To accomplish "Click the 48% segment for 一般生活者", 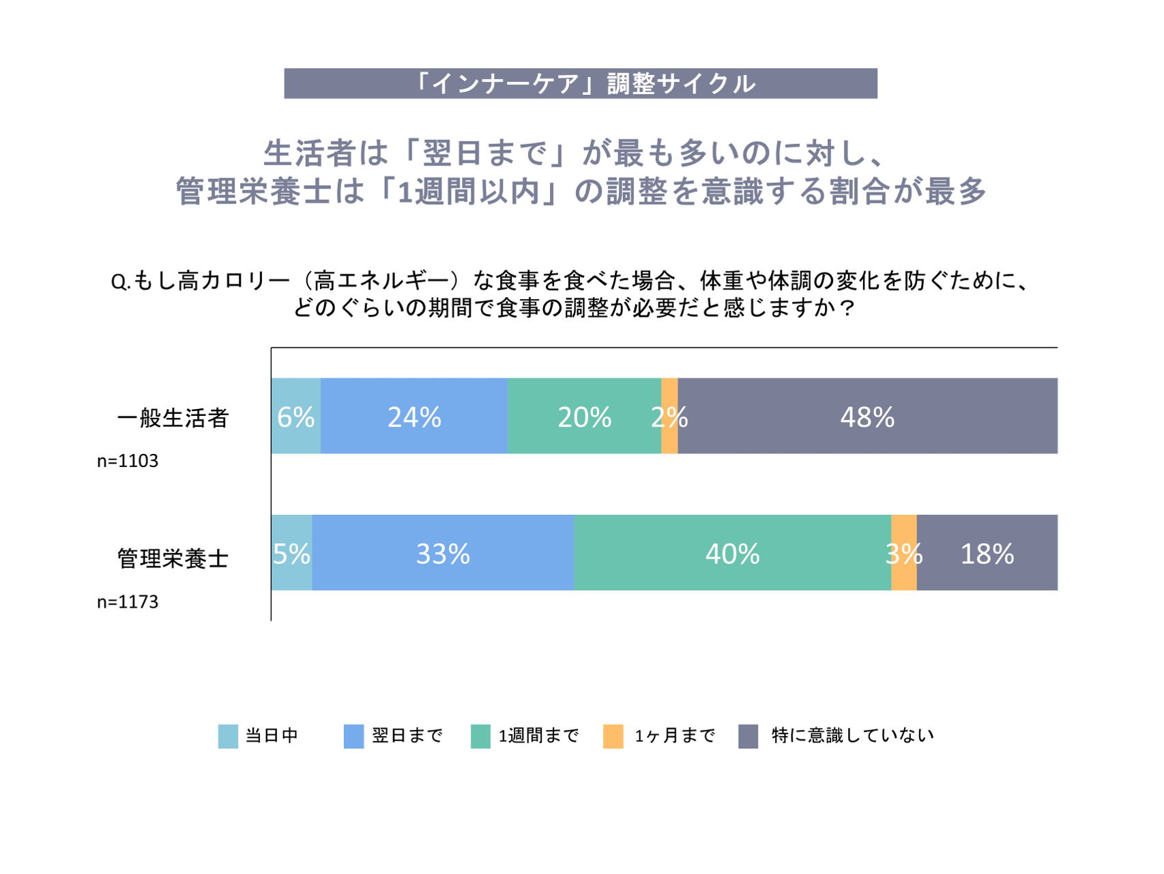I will (x=867, y=416).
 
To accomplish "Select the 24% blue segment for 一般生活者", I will (x=414, y=416).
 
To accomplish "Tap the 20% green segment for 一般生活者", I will (x=584, y=416).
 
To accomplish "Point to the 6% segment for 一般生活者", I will (x=295, y=416).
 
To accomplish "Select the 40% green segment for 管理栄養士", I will (x=732, y=552).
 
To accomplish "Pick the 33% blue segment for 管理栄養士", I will (x=443, y=552).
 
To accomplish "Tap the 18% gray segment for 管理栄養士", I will (x=987, y=552).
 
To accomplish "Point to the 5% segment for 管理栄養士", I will (x=291, y=552).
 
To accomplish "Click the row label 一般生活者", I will (x=173, y=418).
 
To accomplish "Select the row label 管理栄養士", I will (x=173, y=559).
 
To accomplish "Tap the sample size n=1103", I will (x=128, y=461).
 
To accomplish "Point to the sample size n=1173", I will (x=128, y=602).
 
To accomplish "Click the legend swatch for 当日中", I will (x=228, y=736).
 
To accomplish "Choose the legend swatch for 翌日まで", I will (x=353, y=736).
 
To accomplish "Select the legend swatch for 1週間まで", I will (x=480, y=736).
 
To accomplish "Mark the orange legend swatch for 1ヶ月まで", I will (x=613, y=736).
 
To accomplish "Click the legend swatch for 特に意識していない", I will (x=748, y=736).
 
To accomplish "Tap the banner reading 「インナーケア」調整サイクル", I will (x=581, y=83).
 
